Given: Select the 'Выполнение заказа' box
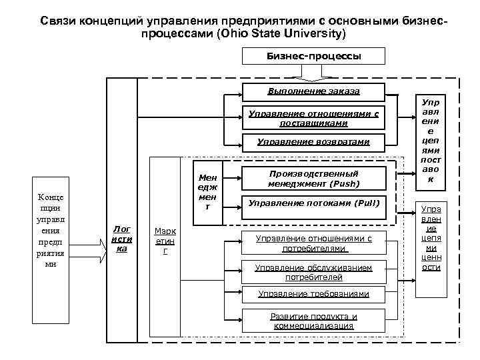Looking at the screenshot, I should click(313, 90).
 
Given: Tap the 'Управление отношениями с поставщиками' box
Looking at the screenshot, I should click(313, 118).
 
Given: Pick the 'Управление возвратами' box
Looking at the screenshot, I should click(313, 142).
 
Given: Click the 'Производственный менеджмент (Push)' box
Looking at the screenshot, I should click(313, 178).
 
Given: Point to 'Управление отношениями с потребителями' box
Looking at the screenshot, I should click(313, 243).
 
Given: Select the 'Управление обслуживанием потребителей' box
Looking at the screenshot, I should click(313, 271).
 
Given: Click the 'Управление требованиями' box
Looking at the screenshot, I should click(313, 294).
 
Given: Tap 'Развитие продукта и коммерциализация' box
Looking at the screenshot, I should click(313, 321).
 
